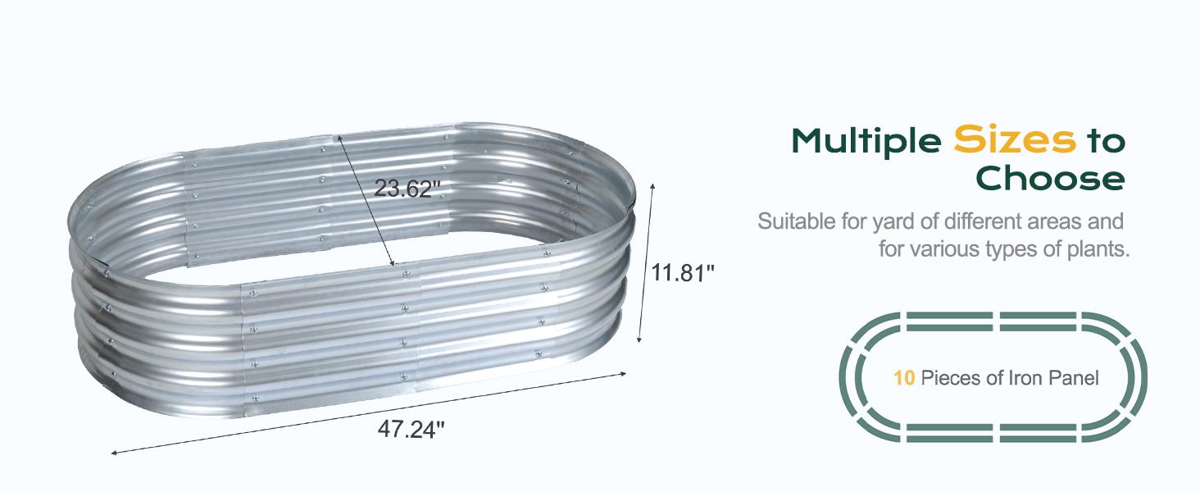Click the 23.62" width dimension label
(x=407, y=188)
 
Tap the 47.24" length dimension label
(x=411, y=428)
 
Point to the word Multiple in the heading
(x=866, y=142)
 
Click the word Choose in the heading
(x=1051, y=178)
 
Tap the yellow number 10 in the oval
(x=904, y=378)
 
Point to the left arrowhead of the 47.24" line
(x=113, y=452)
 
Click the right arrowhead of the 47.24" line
(x=625, y=374)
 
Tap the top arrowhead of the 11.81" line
(x=653, y=185)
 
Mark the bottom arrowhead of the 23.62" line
(x=393, y=265)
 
